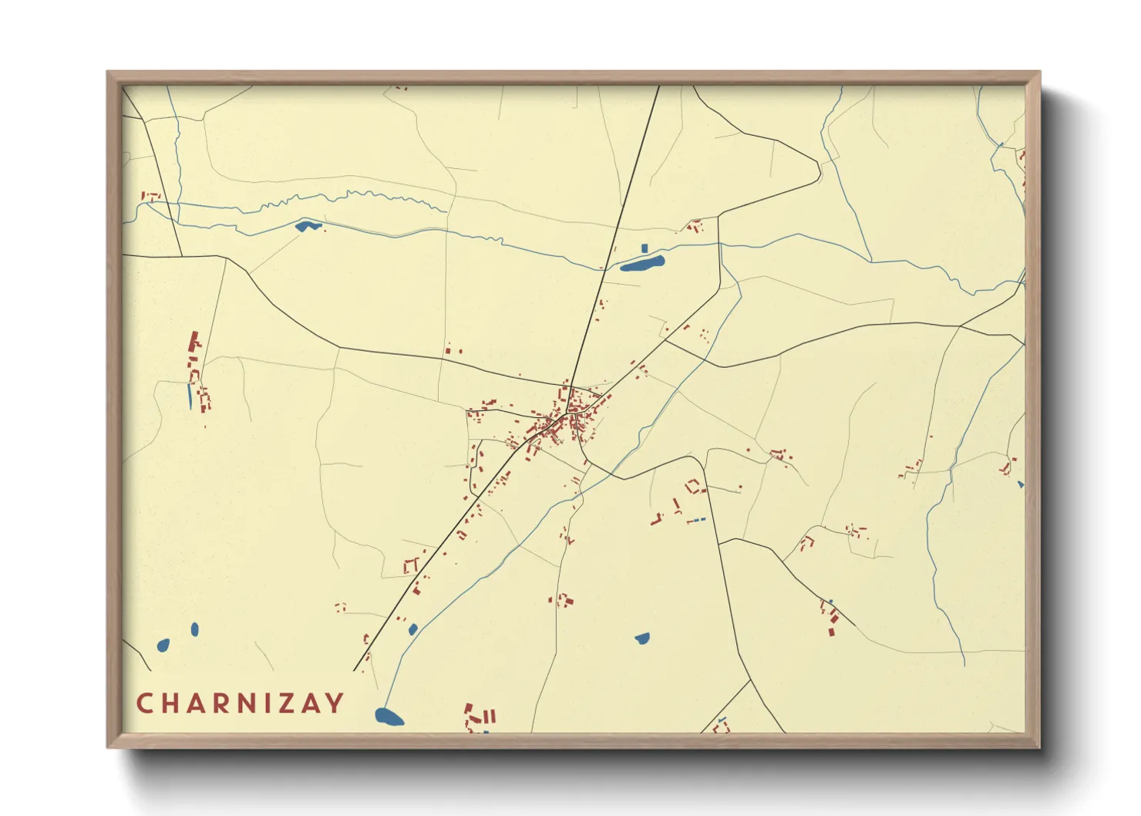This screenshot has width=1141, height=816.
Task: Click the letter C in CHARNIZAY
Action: click(x=144, y=703)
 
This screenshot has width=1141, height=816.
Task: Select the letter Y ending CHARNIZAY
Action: click(x=335, y=703)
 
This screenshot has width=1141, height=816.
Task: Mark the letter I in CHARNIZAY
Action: click(x=267, y=703)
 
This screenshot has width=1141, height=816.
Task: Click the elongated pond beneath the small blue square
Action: click(x=642, y=264)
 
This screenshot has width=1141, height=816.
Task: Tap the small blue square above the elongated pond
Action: click(x=645, y=248)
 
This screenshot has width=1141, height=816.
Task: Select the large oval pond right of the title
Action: click(x=389, y=717)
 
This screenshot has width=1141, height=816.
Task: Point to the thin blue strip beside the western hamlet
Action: click(x=190, y=396)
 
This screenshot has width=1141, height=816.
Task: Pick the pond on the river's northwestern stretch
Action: click(x=307, y=226)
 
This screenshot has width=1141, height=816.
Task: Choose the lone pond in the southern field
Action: click(x=642, y=638)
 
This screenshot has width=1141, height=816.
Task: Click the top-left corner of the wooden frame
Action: click(x=108, y=72)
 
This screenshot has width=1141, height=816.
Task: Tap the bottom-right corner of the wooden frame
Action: click(x=1039, y=747)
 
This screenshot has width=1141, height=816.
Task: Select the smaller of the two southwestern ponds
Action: click(x=194, y=629)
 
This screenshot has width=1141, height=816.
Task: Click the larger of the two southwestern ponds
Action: click(x=163, y=645)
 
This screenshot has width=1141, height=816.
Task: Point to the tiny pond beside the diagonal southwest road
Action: click(x=413, y=629)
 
